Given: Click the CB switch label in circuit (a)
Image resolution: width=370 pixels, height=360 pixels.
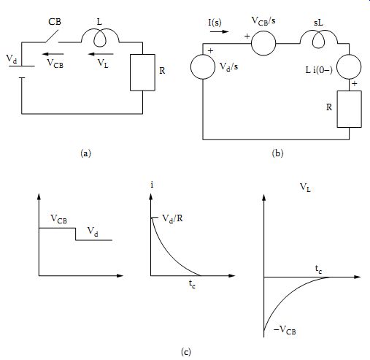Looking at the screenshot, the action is (x=55, y=22).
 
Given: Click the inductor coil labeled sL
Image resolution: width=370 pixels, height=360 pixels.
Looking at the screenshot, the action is (x=319, y=39).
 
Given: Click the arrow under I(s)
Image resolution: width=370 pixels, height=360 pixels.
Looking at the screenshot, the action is (x=220, y=31).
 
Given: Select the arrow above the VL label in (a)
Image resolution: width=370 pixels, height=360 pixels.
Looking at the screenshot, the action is (x=101, y=54).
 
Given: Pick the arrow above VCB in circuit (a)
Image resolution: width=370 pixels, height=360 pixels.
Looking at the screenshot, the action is (x=53, y=54).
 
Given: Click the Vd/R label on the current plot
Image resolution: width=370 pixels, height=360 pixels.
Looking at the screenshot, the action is (x=172, y=218).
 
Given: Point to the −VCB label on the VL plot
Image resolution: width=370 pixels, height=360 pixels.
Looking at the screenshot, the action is (x=285, y=330).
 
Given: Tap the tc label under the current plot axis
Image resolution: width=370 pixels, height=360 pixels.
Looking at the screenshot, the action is (x=192, y=284).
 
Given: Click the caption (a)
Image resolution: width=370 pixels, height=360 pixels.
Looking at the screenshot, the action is (x=85, y=153).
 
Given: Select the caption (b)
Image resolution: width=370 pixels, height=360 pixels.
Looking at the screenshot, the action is (x=277, y=153).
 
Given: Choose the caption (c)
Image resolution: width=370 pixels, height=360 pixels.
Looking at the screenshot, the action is (x=186, y=352).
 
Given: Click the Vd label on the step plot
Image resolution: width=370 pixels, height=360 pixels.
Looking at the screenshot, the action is (x=93, y=231).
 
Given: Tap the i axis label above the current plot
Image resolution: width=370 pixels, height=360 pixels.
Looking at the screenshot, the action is (x=152, y=185).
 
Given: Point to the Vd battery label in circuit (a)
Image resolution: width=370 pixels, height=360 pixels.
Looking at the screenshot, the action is (x=12, y=59).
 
